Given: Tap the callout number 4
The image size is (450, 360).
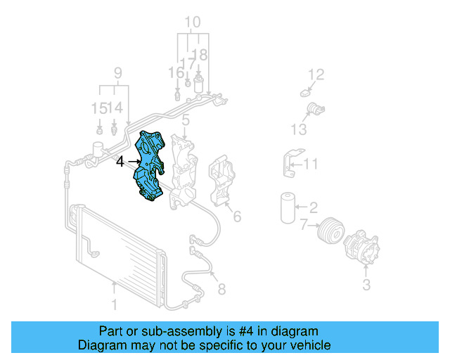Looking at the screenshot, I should coord(120,162).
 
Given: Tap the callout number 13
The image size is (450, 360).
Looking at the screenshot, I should coord(299,129).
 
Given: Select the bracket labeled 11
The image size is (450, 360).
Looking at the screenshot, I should coord(293,165).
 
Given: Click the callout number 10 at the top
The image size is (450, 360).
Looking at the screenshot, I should coord(191,21).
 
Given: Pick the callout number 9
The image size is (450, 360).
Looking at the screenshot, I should coord(117,72).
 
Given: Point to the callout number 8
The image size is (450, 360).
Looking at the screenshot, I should coord(222,288).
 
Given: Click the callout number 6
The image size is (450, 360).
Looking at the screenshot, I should coord(237,217).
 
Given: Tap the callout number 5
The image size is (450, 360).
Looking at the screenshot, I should coord(184,122).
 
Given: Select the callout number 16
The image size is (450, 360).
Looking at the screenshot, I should coord(175,72).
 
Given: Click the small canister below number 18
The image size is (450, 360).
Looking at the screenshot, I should coord(199,85).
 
